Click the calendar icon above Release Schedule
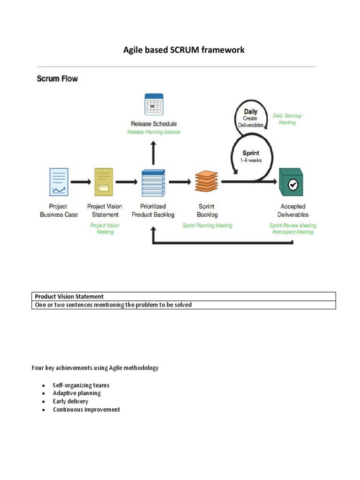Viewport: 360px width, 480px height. (x=153, y=105)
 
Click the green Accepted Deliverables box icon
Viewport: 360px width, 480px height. (x=292, y=183)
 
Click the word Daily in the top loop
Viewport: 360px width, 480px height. (x=250, y=112)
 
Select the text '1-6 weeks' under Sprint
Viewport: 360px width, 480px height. (x=251, y=160)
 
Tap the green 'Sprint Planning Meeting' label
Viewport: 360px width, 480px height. (x=207, y=225)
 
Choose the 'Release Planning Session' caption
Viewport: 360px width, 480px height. (x=154, y=132)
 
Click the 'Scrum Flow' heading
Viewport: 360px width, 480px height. (x=57, y=79)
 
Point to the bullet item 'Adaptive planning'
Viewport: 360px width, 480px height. (x=76, y=393)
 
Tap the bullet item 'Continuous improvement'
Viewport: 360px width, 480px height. (x=86, y=410)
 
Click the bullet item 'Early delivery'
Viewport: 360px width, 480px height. (x=70, y=401)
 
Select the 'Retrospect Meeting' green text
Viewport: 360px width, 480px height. (x=293, y=232)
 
